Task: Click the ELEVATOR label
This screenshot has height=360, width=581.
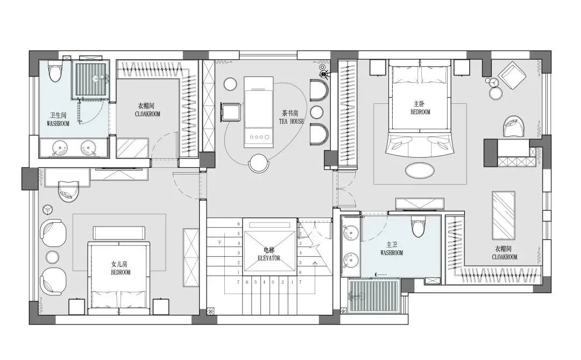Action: pyautogui.click(x=269, y=258)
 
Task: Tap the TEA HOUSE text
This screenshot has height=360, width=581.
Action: pyautogui.click(x=291, y=121)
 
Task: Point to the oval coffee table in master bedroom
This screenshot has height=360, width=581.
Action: pyautogui.click(x=420, y=171)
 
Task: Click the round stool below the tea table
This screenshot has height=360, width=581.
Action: pyautogui.click(x=258, y=164)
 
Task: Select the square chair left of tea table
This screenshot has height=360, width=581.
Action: pyautogui.click(x=231, y=112)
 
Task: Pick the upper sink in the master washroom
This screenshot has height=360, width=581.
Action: pyautogui.click(x=350, y=234)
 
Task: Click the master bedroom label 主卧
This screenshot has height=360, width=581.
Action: pyautogui.click(x=419, y=104)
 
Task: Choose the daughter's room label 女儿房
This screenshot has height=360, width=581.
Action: pyautogui.click(x=119, y=264)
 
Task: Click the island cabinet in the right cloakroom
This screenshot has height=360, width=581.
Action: pyautogui.click(x=504, y=215)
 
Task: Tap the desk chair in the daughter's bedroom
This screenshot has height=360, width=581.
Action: pyautogui.click(x=69, y=190)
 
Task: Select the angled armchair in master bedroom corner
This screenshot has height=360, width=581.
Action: pyautogui.click(x=512, y=76)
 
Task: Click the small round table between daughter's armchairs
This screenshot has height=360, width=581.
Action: pyautogui.click(x=52, y=257)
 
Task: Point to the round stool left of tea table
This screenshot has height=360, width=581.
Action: pyautogui.click(x=230, y=84)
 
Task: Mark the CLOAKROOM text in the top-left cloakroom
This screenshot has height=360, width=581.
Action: pyautogui.click(x=147, y=114)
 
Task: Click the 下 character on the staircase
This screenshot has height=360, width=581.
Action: pyautogui.click(x=219, y=243)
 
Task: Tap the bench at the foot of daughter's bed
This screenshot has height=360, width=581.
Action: pyautogui.click(x=119, y=232)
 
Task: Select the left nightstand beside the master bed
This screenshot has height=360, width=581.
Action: pyautogui.click(x=378, y=67)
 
